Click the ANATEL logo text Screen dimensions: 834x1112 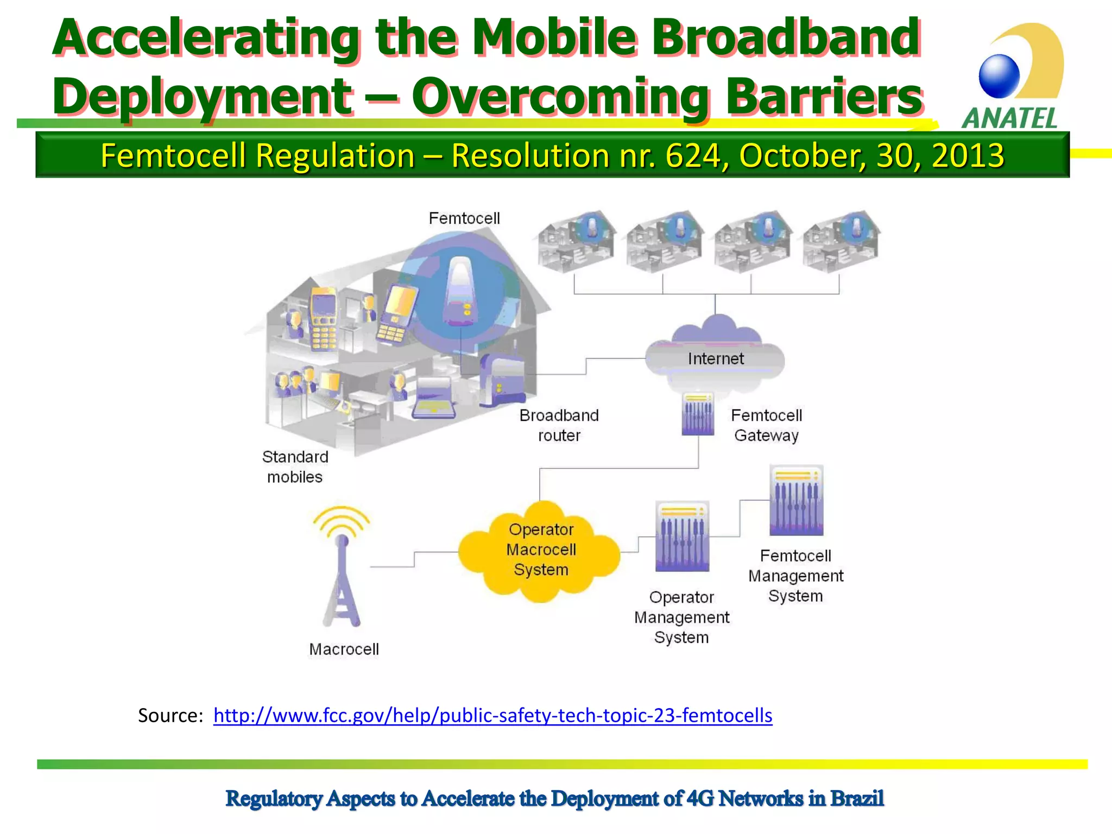[1010, 118]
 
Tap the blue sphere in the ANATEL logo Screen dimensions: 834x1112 [999, 76]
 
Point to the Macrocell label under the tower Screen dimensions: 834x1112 [344, 649]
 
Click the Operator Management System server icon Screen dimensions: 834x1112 [682, 536]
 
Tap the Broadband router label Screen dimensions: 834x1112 [559, 425]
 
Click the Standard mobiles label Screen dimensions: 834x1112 [295, 467]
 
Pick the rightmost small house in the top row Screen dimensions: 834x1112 [841, 242]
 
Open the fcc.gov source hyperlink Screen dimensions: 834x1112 [492, 716]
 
